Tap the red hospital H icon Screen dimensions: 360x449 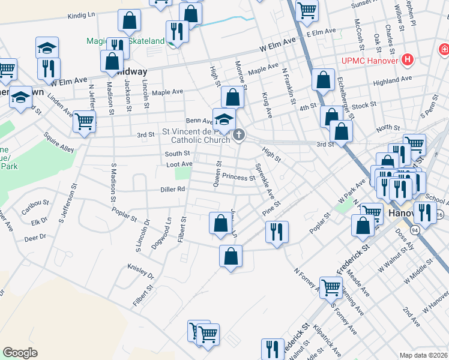pyautogui.click(x=408, y=59)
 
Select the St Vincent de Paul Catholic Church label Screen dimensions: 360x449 pyautogui.click(x=196, y=135)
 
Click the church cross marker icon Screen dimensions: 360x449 pyautogui.click(x=239, y=135)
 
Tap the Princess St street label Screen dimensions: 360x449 pyautogui.click(x=238, y=177)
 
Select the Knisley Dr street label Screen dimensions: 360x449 pyautogui.click(x=140, y=271)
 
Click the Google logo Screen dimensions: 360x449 pyautogui.click(x=20, y=353)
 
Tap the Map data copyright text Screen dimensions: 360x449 pyautogui.click(x=424, y=355)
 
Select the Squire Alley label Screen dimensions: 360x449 pyautogui.click(x=58, y=144)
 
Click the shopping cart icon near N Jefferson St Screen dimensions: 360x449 pyautogui.click(x=84, y=121)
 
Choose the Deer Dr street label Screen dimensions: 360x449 pyautogui.click(x=35, y=238)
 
